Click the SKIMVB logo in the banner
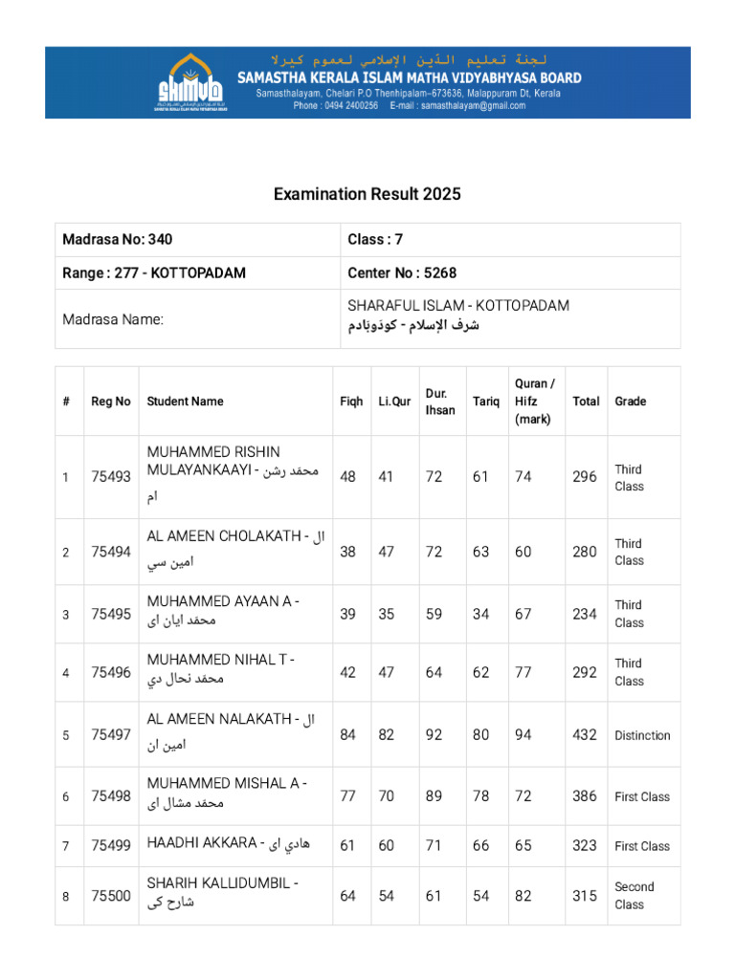(x=191, y=82)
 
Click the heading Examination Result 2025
(x=367, y=194)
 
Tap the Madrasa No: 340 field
(x=118, y=240)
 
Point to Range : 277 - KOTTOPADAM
(x=154, y=272)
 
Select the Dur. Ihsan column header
(x=440, y=402)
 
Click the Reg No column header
(x=111, y=402)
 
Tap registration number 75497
(x=111, y=734)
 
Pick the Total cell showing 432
(x=585, y=734)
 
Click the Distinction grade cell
(x=642, y=735)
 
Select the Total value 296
(x=585, y=476)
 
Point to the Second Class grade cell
(x=634, y=896)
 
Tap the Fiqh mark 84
(x=348, y=734)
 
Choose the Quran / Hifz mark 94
(x=523, y=734)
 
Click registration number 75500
(x=111, y=896)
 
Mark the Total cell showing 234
(x=585, y=614)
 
